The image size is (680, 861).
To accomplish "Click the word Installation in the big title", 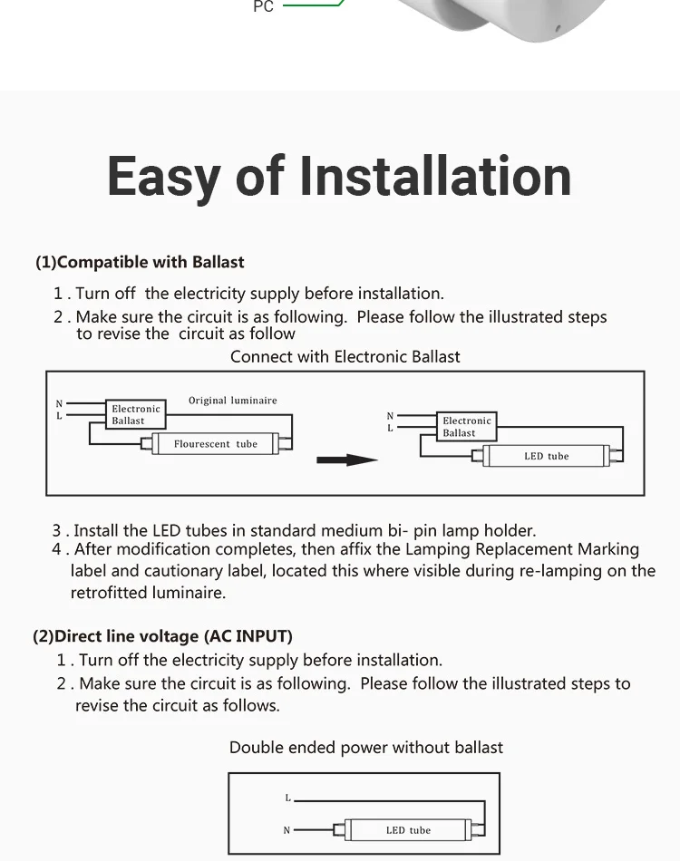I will (x=435, y=176).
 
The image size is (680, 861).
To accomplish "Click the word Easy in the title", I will (x=163, y=176).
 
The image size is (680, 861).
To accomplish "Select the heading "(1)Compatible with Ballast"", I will (x=140, y=262).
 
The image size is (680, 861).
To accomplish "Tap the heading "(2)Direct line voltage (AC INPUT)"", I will (x=162, y=636).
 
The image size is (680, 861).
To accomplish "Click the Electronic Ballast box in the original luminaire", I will (x=135, y=414).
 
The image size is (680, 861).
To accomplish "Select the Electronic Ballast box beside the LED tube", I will (x=466, y=427).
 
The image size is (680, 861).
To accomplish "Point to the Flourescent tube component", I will (x=216, y=444).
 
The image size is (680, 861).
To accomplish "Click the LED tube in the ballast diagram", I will (x=546, y=456).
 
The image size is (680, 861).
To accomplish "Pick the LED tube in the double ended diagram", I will (x=408, y=830).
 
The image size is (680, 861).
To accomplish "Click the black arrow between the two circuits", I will (x=346, y=460).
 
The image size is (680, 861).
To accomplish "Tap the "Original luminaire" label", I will (x=233, y=401).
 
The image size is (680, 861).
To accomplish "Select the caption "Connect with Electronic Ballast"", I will (x=345, y=356).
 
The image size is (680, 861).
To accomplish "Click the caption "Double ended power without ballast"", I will (x=365, y=748).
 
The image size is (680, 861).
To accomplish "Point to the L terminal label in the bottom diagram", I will (x=287, y=798).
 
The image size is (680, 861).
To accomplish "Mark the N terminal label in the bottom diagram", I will (x=287, y=830).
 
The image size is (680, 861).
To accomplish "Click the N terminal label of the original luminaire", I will (x=60, y=404).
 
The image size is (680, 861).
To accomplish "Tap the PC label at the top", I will (x=263, y=7).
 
